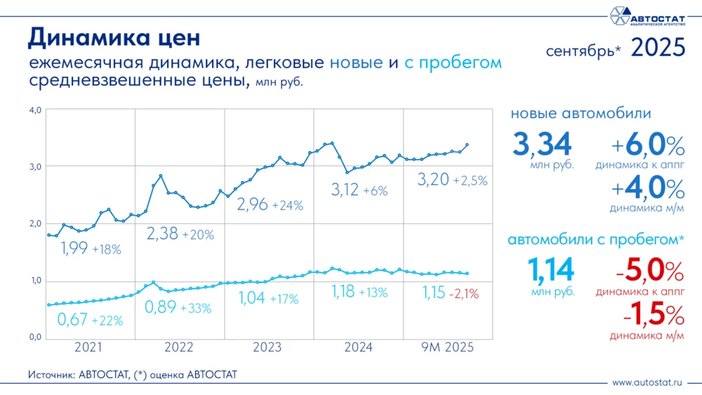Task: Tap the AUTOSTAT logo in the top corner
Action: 646,16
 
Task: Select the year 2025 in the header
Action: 658,48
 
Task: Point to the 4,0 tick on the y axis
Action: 35,110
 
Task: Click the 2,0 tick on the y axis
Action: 35,224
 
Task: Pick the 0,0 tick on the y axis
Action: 35,338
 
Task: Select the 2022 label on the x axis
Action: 179,347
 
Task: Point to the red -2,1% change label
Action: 463,294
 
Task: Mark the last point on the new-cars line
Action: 468,145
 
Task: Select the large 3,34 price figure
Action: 543,144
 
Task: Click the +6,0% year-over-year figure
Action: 647,147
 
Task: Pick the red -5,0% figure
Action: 645,272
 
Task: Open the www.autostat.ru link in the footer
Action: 647,382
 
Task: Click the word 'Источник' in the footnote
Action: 52,375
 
